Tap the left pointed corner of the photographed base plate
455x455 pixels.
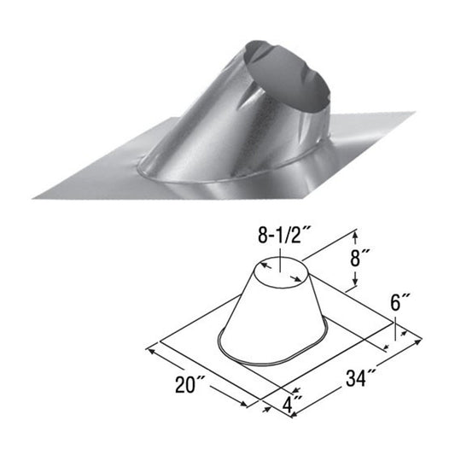[36, 195]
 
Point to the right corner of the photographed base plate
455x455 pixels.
[413, 114]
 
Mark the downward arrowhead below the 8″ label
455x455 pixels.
[353, 287]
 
